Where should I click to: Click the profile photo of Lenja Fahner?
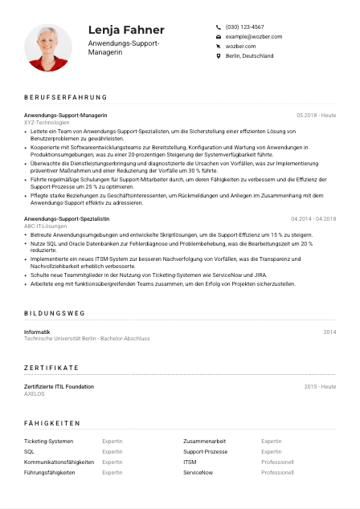coord(48,47)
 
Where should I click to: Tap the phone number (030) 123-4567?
coord(244,26)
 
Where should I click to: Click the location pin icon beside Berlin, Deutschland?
coord(218,56)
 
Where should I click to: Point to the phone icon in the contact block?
coord(218,26)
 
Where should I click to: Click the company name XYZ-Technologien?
coord(47,122)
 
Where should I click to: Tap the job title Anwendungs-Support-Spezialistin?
coord(67,218)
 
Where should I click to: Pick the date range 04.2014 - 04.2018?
coord(313,218)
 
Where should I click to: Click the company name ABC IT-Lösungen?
coord(46,226)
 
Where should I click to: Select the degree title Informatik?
coord(37,332)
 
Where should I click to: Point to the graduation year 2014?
coord(329,332)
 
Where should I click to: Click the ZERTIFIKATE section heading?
coord(51,367)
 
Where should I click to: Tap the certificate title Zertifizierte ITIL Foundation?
coord(59,386)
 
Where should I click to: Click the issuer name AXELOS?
coord(35,393)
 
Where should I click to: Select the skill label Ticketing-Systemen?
coord(48,442)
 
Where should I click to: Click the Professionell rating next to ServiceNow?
coord(277,473)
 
